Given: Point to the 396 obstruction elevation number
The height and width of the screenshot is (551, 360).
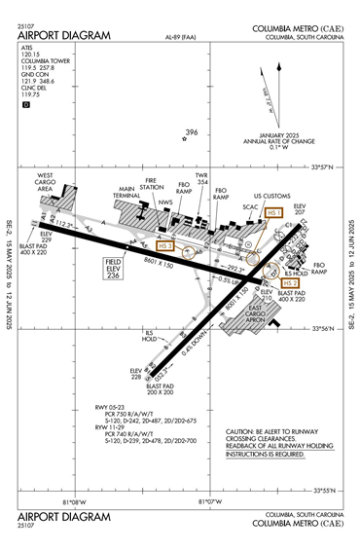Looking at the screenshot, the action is (192, 133).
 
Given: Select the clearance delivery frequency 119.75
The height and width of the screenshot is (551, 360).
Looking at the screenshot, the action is (30, 94).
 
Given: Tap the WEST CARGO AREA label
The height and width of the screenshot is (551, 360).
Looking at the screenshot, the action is (53, 182).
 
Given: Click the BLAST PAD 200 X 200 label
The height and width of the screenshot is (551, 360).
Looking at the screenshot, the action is (160, 391).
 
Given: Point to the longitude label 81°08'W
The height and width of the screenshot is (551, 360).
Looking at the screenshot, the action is (75, 502).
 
